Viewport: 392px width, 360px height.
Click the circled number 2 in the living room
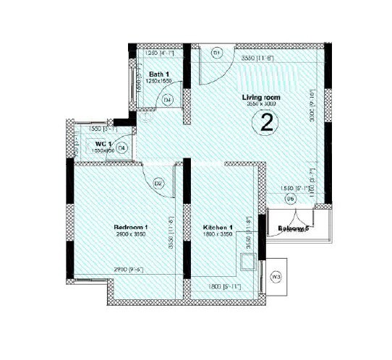(267, 124)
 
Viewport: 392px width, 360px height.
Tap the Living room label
(260, 97)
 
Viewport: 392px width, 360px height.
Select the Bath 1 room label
(159, 74)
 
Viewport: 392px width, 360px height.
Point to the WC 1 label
(103, 145)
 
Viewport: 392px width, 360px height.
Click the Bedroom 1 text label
(131, 226)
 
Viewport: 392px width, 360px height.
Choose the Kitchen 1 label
(217, 227)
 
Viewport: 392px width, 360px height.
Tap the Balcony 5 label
(294, 229)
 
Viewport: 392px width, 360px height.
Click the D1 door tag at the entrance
(216, 53)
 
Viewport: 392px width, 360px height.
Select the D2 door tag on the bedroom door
(158, 184)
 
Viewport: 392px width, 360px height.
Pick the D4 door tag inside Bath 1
(168, 100)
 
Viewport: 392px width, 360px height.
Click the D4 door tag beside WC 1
(122, 147)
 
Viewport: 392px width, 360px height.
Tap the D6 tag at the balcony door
(290, 198)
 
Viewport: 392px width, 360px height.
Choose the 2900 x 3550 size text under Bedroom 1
(131, 234)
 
